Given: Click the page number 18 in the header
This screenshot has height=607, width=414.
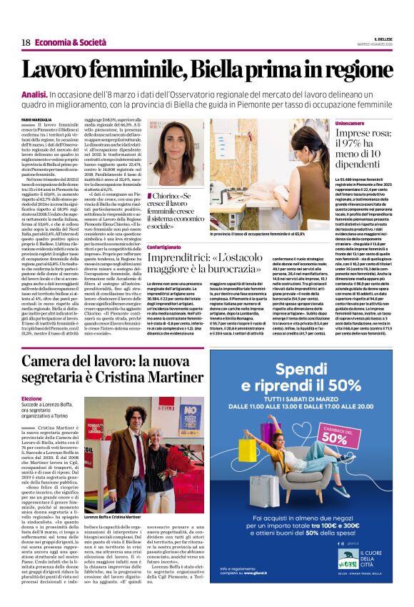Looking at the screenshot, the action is (x=25, y=42).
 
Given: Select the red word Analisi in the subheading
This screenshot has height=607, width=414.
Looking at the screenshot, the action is (x=35, y=95).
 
